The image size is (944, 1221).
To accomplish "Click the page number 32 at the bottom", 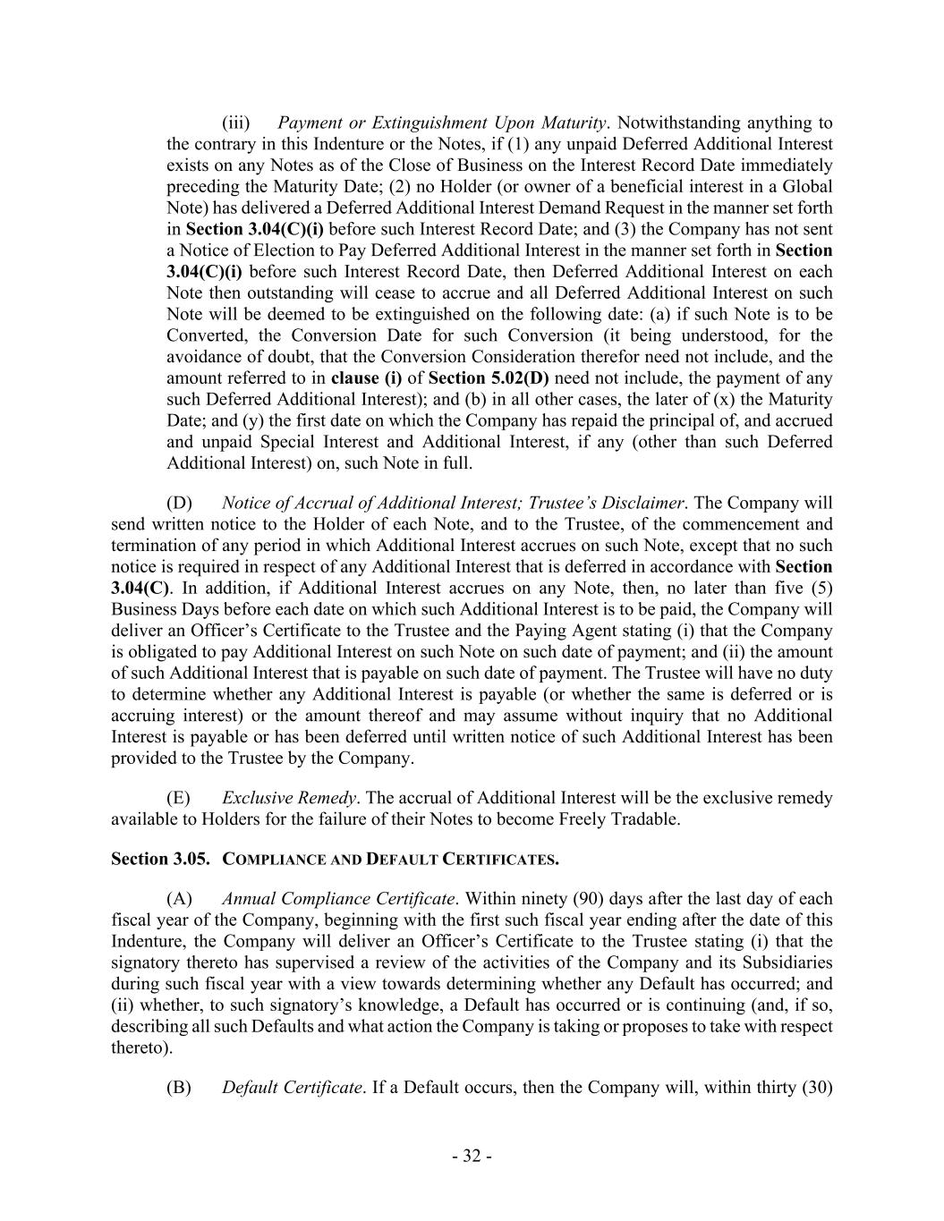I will pyautogui.click(x=472, y=1156).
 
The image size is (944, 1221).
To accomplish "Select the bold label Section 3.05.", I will pyautogui.click(x=160, y=859).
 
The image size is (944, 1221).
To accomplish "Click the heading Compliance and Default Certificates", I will pyautogui.click(x=390, y=860).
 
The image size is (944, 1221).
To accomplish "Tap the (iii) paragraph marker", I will pyautogui.click(x=235, y=123).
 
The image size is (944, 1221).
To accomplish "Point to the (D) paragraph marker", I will pyautogui.click(x=179, y=503).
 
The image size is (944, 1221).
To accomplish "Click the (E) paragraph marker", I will pyautogui.click(x=179, y=797).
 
